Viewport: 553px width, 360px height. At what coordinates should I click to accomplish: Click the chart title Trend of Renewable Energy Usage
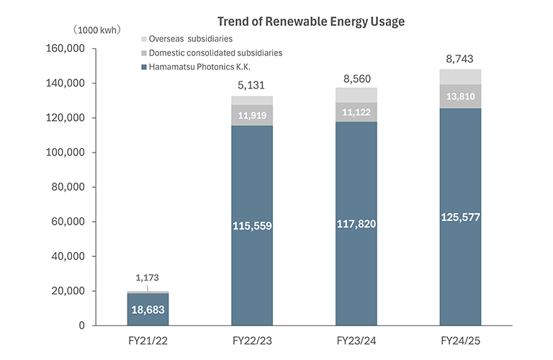point(311,22)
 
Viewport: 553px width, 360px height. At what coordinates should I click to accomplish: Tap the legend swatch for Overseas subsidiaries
point(145,38)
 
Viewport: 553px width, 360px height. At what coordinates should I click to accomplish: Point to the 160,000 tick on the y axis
point(66,49)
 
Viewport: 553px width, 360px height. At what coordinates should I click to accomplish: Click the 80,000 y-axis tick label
point(69,187)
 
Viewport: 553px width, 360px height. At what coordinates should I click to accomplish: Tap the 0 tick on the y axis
point(81,325)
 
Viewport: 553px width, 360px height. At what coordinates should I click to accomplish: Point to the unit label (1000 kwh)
point(96,30)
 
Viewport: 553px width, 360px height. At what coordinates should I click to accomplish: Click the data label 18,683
point(148,310)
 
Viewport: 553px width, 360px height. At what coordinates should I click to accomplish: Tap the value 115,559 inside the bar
point(252,225)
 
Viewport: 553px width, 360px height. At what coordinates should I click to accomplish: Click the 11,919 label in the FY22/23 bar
point(252,116)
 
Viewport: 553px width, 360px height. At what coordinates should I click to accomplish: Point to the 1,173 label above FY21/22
point(148,277)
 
